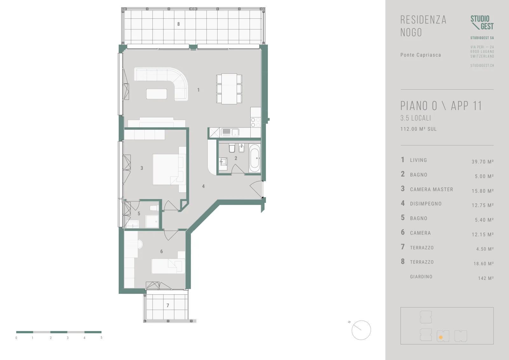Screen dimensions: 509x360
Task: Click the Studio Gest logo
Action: tap(482, 23)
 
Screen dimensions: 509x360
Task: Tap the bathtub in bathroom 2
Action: tap(254, 158)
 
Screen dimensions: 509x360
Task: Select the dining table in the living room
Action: tap(229, 89)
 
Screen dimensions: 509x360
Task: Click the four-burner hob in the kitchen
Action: tap(255, 122)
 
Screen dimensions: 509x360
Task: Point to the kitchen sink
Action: tap(230, 132)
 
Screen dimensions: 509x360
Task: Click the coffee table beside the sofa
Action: tap(157, 94)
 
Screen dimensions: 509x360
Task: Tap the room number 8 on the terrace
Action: tap(178, 24)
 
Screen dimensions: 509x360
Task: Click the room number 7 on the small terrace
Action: tap(168, 305)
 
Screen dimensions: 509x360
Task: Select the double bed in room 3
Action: tap(169, 170)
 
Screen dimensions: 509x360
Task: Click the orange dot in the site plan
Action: tap(441, 337)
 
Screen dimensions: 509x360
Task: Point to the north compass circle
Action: tap(361, 330)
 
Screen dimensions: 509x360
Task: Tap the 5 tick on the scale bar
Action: tap(101, 337)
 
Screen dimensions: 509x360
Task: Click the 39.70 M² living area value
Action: tap(483, 162)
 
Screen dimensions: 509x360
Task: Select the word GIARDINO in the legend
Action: tap(421, 277)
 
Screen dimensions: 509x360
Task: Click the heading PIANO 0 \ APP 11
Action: tap(441, 106)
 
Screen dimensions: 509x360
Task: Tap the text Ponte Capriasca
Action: tap(421, 55)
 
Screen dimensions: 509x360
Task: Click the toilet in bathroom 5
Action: tap(154, 208)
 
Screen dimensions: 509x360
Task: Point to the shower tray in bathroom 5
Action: tap(152, 221)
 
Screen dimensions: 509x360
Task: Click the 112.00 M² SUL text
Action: tap(419, 129)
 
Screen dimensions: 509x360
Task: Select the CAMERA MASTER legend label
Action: tap(431, 189)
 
